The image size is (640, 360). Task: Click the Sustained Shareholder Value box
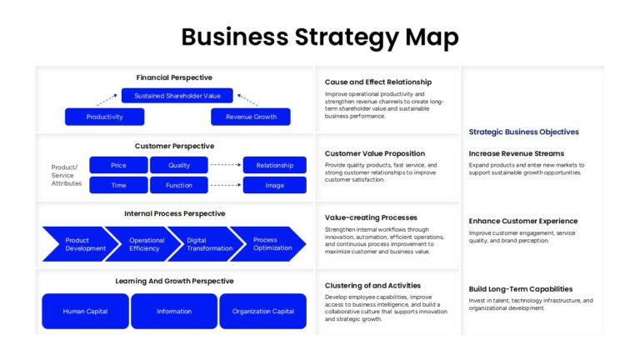(x=177, y=96)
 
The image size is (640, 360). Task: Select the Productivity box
(x=104, y=117)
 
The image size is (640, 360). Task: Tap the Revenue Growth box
(x=251, y=117)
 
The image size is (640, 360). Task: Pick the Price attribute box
(x=118, y=165)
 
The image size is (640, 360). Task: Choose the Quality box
(x=179, y=165)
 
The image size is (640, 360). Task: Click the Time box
(x=118, y=185)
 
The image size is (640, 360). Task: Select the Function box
(x=179, y=185)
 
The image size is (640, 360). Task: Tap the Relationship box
(x=275, y=165)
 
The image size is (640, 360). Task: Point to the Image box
(x=275, y=185)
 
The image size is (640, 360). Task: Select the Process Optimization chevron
(x=270, y=244)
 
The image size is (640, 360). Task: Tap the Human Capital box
(x=85, y=311)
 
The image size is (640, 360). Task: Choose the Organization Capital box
(x=262, y=311)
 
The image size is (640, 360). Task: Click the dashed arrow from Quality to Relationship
(x=226, y=165)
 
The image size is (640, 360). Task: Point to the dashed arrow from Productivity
(x=107, y=100)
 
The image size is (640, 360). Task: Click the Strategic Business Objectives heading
(x=523, y=132)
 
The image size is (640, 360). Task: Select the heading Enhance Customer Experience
(x=522, y=221)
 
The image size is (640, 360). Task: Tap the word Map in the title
(x=432, y=37)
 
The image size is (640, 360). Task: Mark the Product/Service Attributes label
(x=66, y=175)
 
